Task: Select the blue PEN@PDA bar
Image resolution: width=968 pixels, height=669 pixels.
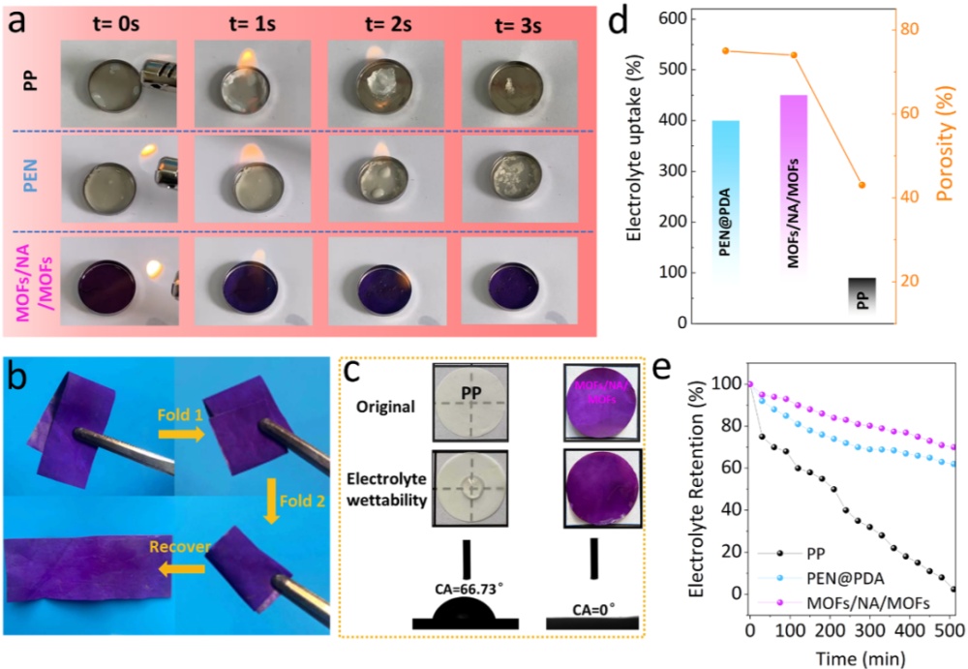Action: [x=739, y=203]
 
